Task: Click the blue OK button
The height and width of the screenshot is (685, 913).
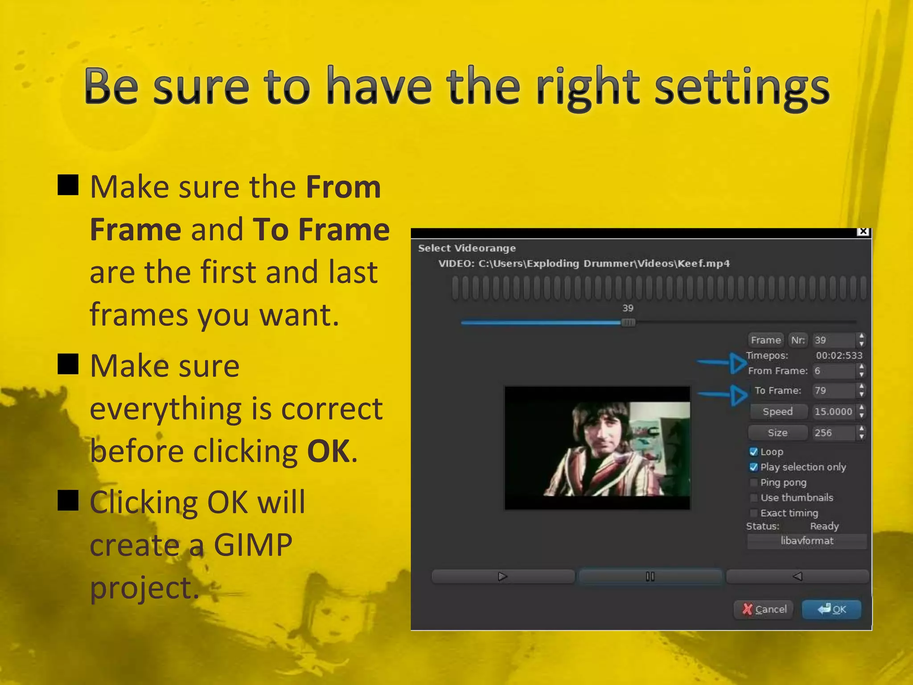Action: coord(831,609)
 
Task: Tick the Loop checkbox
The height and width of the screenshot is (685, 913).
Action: coord(754,452)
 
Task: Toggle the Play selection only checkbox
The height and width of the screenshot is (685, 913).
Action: coord(754,467)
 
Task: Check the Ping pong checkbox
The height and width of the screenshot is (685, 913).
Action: coord(754,483)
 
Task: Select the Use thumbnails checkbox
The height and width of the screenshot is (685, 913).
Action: coord(754,498)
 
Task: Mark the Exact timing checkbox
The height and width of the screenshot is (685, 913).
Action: coord(754,513)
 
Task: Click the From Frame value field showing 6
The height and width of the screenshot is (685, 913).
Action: coord(833,371)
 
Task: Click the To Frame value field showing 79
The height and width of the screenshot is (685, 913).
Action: coord(833,391)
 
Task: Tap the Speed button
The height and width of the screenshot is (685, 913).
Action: coord(777,412)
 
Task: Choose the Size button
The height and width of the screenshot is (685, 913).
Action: coord(777,433)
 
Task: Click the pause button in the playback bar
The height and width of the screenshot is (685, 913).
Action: coord(650,577)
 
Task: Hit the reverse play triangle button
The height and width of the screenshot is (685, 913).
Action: coord(798,577)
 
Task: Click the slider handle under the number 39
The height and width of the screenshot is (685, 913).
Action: coord(628,322)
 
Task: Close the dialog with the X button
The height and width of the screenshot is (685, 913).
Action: coord(864,231)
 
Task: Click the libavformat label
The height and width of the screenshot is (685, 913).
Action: coord(807,541)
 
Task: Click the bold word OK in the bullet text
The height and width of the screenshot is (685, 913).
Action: coord(328,451)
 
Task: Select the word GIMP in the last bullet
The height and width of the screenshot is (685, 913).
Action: coord(253,545)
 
